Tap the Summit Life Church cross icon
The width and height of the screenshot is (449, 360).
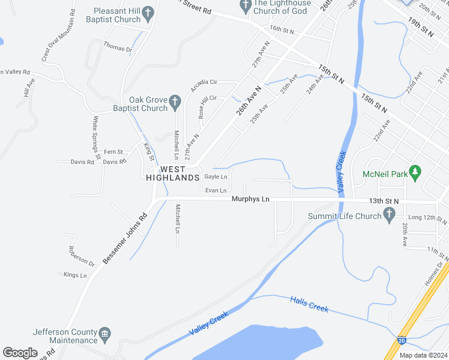click(389, 214)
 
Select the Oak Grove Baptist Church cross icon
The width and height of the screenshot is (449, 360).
click(175, 102)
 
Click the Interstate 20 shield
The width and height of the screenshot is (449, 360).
click(400, 341)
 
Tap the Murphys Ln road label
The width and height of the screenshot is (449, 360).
click(250, 199)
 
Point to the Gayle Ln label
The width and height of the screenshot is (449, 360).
click(215, 177)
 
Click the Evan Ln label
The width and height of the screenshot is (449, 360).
click(215, 190)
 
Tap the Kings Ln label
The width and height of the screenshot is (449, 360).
click(75, 275)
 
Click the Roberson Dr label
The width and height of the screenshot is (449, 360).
click(82, 256)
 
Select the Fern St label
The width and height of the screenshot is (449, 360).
click(113, 152)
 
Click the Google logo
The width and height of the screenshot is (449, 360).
click(20, 353)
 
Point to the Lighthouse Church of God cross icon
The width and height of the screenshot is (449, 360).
click(245, 6)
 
